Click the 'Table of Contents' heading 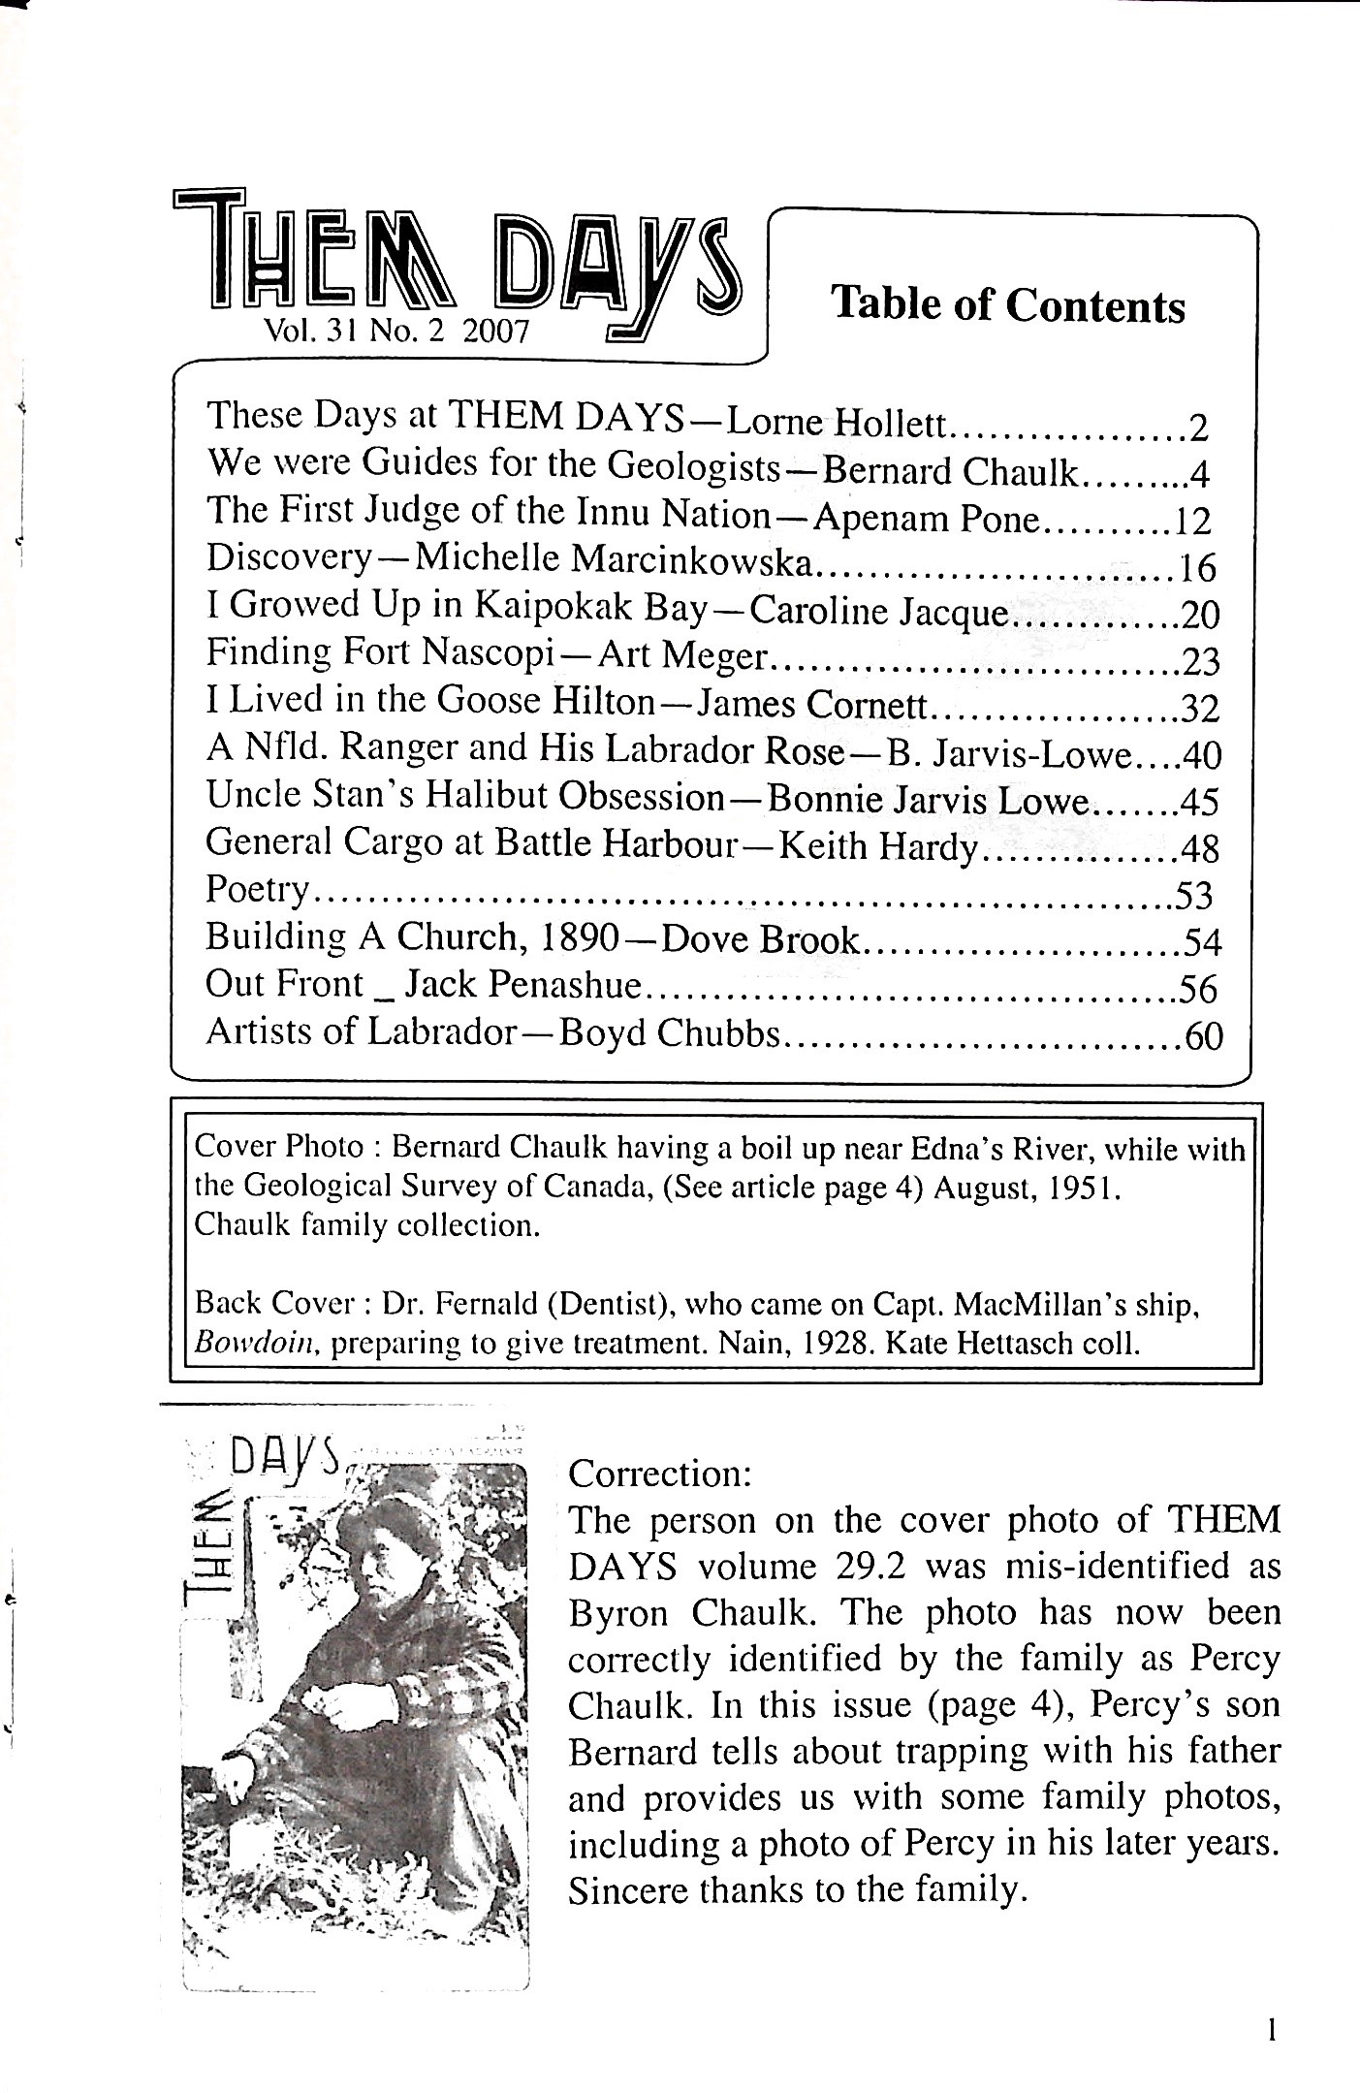pos(1008,304)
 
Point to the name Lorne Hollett pos(839,422)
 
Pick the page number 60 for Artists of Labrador pos(1204,1037)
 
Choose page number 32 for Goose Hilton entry pos(1200,710)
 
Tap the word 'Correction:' pos(659,1474)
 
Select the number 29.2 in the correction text pos(856,1567)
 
